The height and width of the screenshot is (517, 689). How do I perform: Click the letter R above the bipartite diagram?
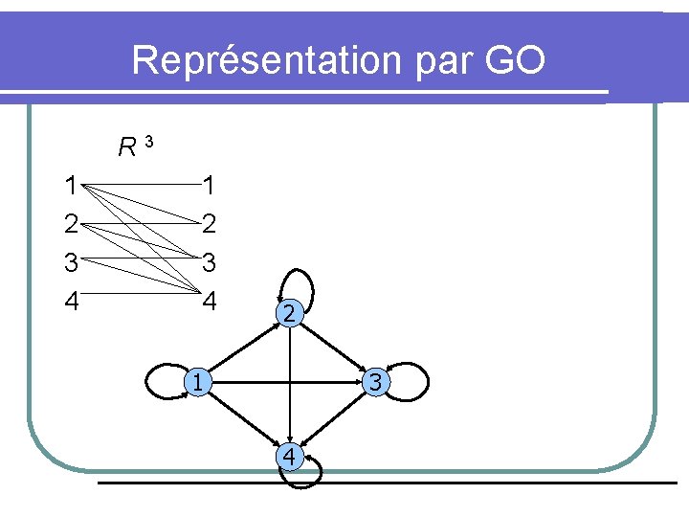point(126,147)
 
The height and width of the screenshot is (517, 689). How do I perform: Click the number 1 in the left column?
point(70,185)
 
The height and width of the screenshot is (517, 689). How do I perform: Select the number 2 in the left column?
point(70,224)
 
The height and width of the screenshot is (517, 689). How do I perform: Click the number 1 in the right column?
point(210,185)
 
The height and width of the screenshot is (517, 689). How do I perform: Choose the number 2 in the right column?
point(210,224)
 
